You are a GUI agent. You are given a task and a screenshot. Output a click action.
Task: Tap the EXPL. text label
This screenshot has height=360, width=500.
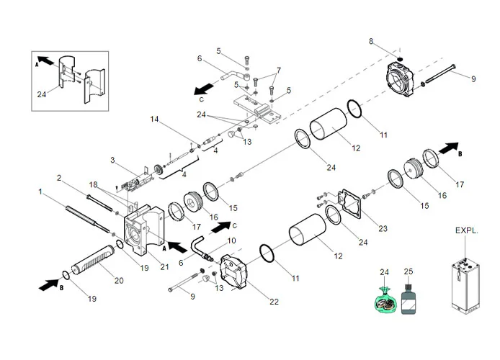point(466,232)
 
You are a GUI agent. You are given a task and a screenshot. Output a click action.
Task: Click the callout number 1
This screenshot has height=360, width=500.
point(41,192)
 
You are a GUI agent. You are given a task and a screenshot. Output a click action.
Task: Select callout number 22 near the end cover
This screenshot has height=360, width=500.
point(274,302)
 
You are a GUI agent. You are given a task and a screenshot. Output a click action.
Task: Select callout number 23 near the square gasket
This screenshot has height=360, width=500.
point(383,229)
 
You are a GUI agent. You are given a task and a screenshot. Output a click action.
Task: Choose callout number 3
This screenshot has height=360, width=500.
point(112,160)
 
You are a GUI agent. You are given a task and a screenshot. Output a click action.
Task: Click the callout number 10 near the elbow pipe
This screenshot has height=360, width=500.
point(231,240)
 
